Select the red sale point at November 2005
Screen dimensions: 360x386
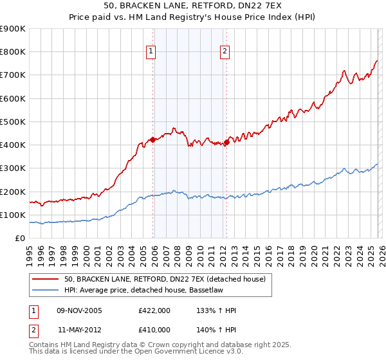click(x=152, y=139)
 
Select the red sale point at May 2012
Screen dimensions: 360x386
click(x=226, y=143)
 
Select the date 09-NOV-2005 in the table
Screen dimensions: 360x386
click(x=80, y=311)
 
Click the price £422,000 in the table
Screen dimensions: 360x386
click(x=154, y=311)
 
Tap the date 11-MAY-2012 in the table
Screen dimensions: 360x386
click(x=80, y=329)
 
